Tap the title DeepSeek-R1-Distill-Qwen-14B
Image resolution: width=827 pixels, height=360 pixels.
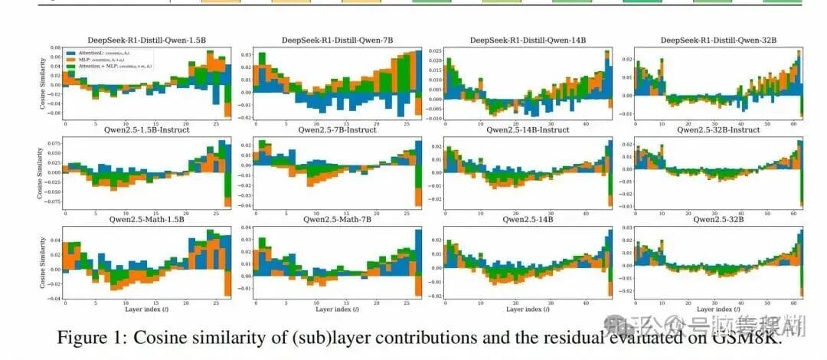524,40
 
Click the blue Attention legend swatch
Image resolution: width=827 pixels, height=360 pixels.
70,51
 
